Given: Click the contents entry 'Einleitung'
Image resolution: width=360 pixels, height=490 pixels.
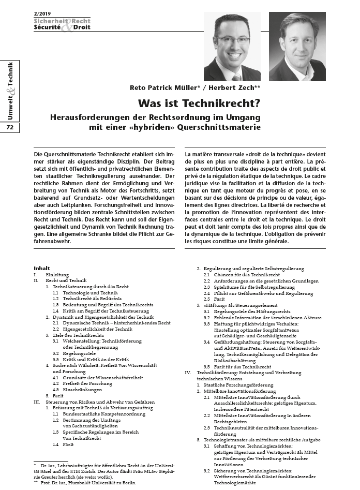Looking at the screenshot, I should click(x=58, y=275).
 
